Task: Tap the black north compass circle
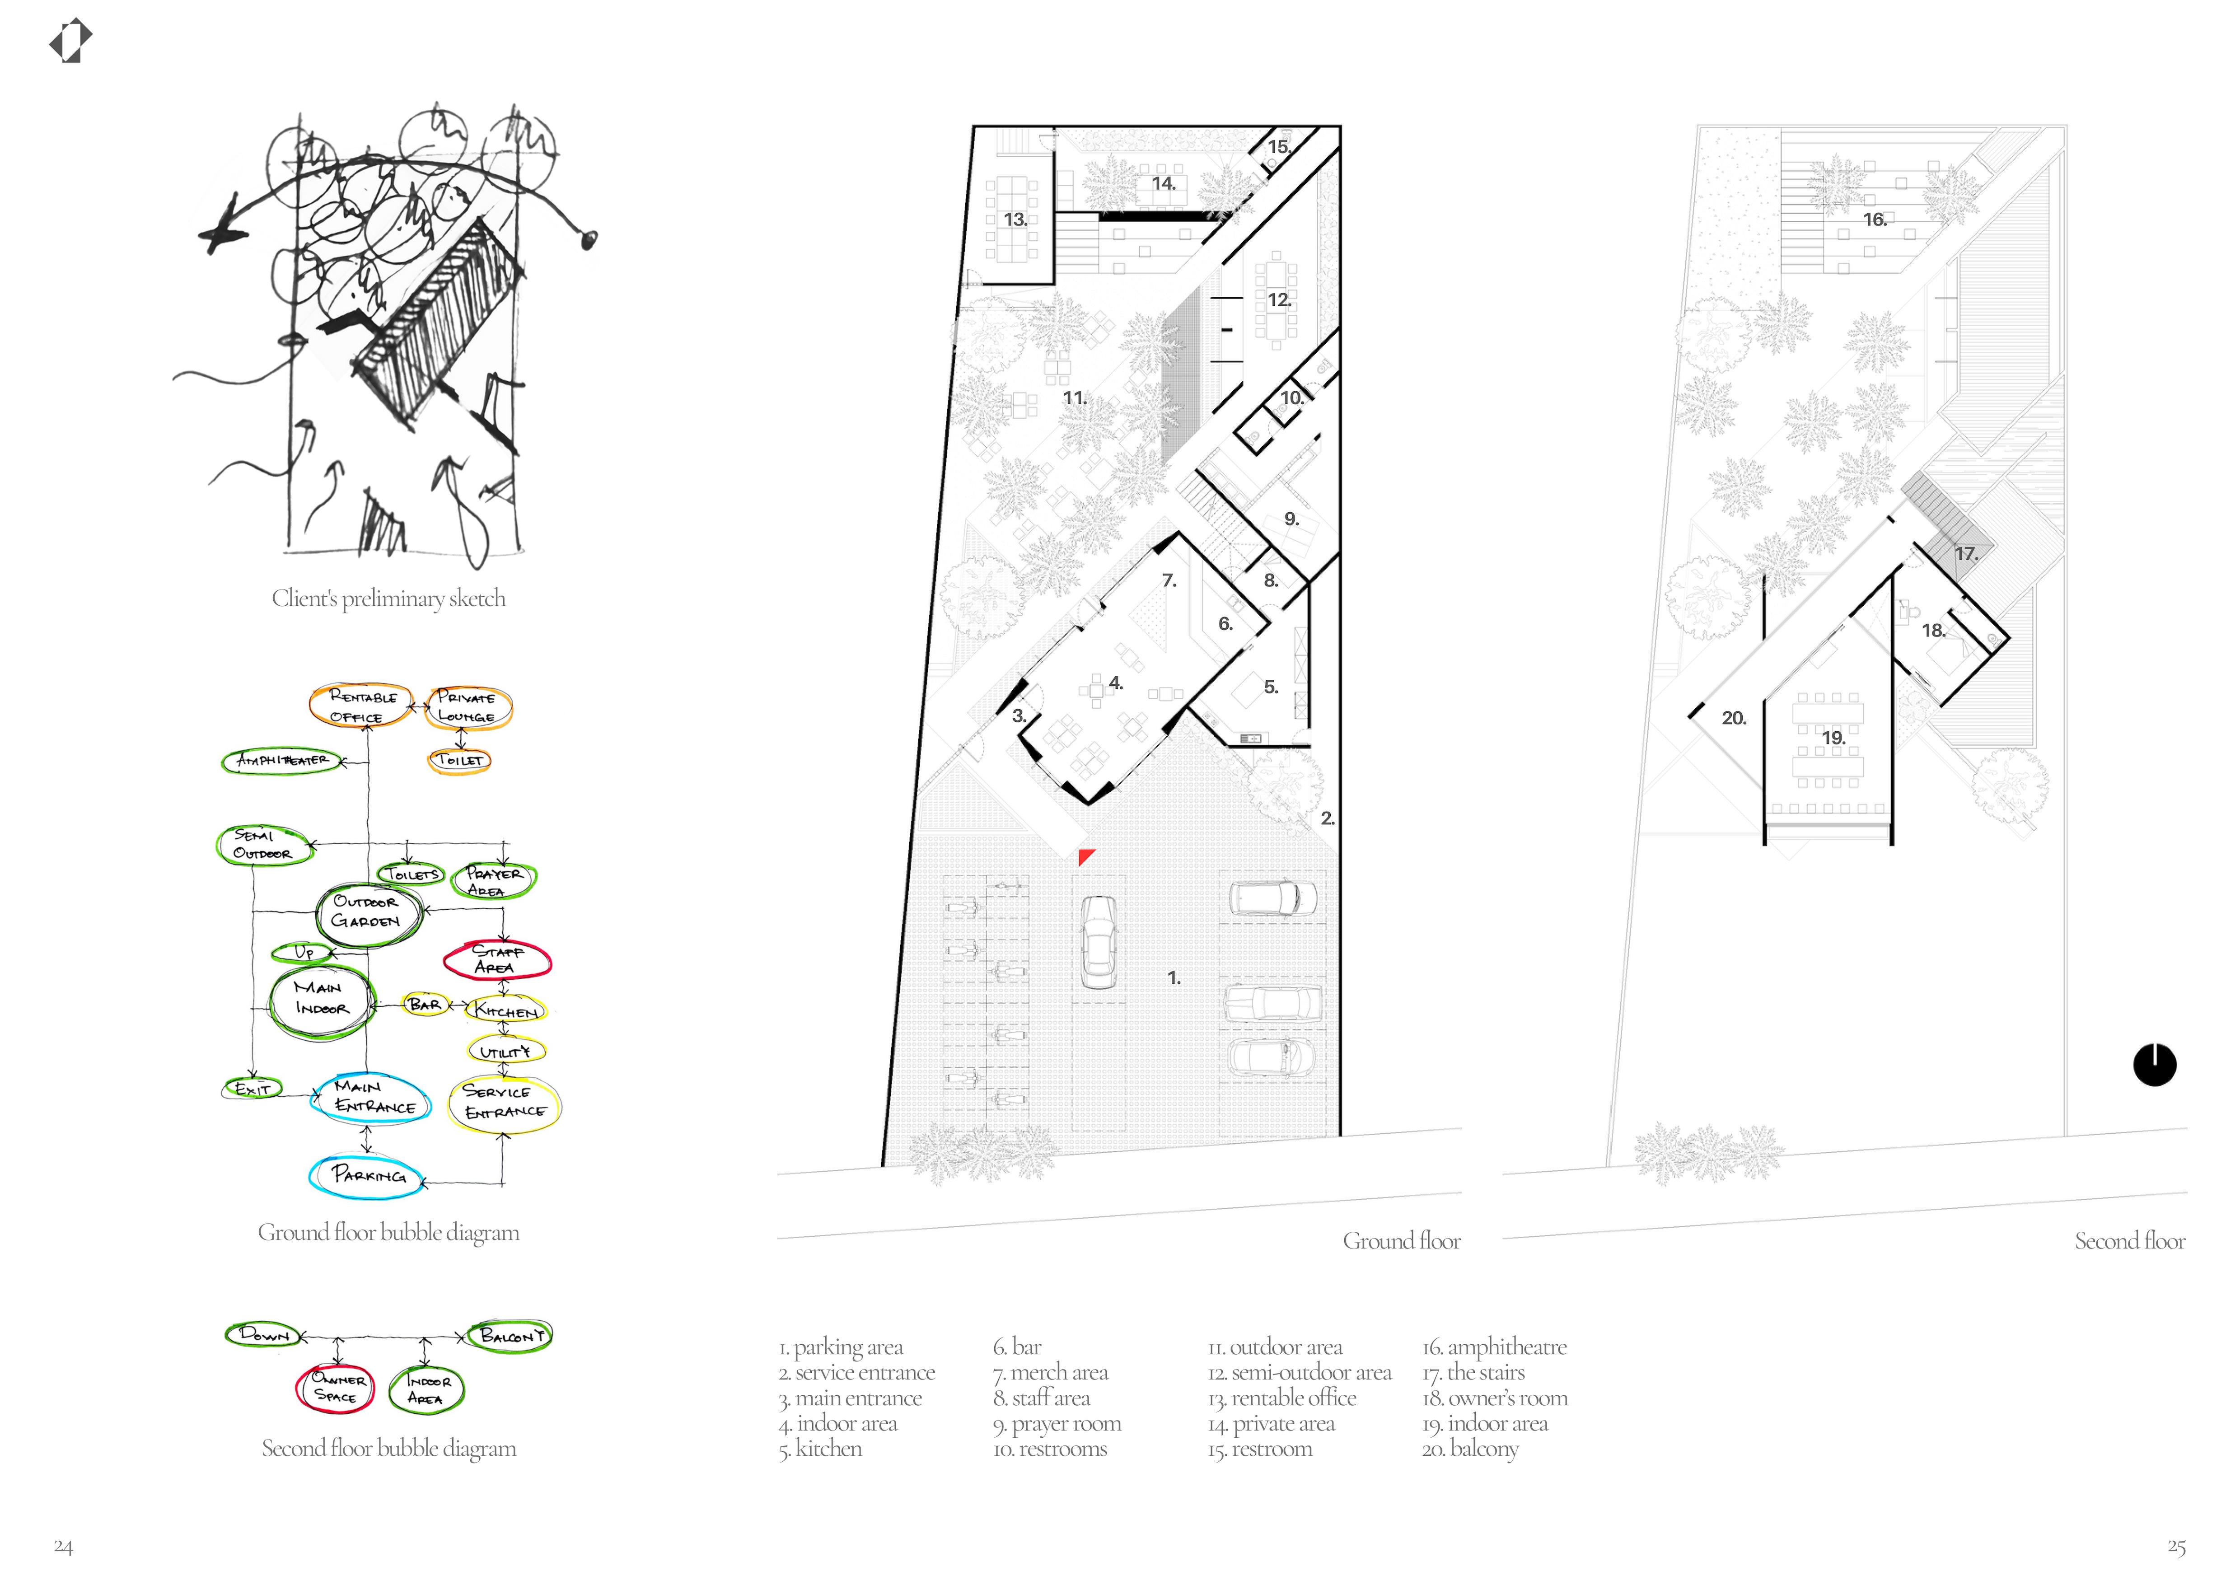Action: [2154, 1065]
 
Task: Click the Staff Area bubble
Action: [497, 959]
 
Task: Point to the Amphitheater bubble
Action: [282, 760]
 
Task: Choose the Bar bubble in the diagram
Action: [425, 1004]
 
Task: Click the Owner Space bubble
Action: [335, 1388]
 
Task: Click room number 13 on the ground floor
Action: [1015, 220]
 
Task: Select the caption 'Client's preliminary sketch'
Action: [388, 598]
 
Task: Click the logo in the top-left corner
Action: [70, 42]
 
